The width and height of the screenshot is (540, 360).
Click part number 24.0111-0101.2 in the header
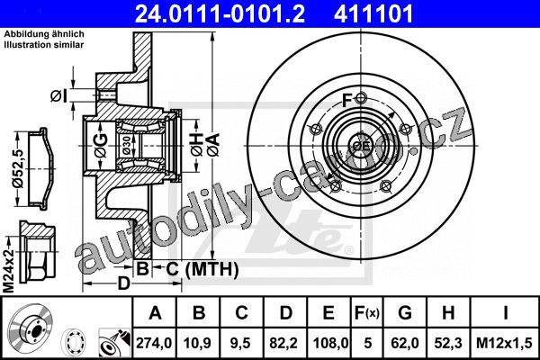click(x=220, y=13)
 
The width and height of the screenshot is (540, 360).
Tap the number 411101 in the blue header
click(x=373, y=13)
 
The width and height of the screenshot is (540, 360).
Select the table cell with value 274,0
click(x=154, y=343)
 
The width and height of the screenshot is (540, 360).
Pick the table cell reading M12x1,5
click(x=504, y=343)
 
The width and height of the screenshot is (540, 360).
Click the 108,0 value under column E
click(x=329, y=343)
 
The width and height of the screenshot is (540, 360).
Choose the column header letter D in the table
click(x=285, y=313)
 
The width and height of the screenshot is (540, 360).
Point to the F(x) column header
click(x=367, y=313)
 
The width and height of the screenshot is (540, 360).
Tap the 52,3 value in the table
click(x=448, y=343)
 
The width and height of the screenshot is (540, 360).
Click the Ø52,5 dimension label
click(x=17, y=169)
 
